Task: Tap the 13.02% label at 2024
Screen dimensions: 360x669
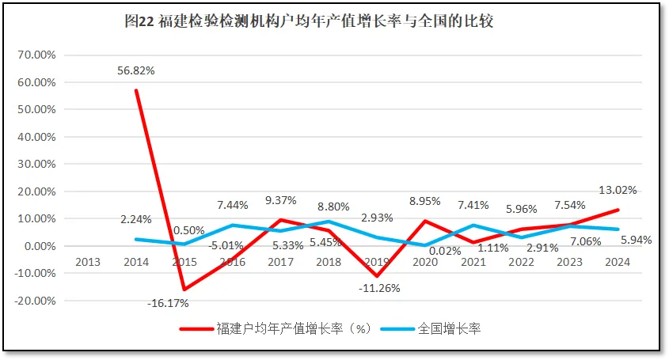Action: coord(618,190)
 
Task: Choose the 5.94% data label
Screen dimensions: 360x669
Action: coord(634,240)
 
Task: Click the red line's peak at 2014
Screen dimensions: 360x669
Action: coord(135,90)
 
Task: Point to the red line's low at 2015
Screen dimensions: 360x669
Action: coord(184,290)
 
